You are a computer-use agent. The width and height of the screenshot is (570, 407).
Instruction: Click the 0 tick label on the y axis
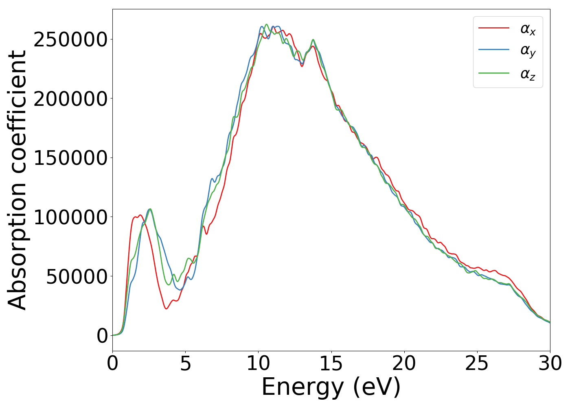click(x=102, y=336)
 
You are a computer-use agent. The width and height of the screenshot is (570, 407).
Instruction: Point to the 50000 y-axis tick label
click(x=77, y=277)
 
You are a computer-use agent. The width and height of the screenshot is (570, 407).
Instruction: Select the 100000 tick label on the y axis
click(x=70, y=217)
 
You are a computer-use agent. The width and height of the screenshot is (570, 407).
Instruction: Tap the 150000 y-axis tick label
click(x=70, y=158)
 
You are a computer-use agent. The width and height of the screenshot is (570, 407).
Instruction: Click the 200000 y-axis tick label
click(x=70, y=99)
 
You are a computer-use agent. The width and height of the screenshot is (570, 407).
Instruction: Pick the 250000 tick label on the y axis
click(x=70, y=39)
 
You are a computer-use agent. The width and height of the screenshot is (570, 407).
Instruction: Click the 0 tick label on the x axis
click(x=113, y=363)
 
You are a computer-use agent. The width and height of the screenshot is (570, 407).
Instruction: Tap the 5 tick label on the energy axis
click(x=185, y=363)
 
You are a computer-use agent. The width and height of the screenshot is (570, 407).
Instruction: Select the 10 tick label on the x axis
click(x=258, y=363)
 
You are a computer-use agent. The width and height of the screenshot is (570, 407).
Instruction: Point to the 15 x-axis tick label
click(x=331, y=363)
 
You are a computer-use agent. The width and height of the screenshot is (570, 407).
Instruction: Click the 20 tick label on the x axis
click(x=404, y=363)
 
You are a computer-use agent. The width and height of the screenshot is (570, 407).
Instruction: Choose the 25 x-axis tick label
click(x=477, y=363)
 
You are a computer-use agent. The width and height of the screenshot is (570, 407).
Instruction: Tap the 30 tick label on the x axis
click(x=550, y=363)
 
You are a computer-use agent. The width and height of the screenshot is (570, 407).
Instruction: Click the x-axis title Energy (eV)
click(x=331, y=387)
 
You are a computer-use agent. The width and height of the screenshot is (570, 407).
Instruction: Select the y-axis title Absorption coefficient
click(x=18, y=180)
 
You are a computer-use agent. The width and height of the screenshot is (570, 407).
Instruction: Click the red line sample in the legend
click(x=493, y=28)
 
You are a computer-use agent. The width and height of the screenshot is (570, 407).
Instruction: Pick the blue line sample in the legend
click(x=493, y=50)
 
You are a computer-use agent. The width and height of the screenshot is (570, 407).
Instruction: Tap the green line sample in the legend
click(x=493, y=73)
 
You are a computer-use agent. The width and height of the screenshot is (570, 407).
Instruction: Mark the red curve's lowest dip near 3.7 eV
click(x=166, y=309)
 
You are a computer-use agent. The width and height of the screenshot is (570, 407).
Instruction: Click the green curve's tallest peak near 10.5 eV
click(x=266, y=24)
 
